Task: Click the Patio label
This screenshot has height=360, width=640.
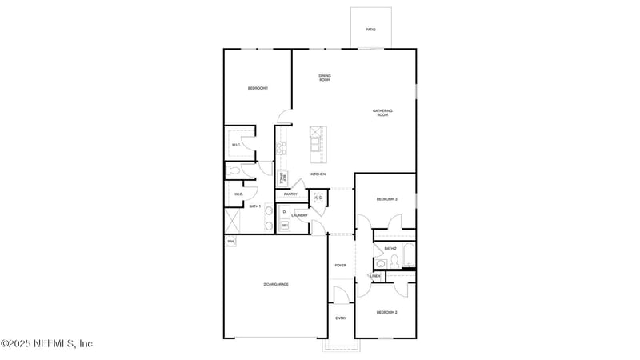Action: point(370,30)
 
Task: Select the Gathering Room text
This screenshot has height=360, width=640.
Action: point(382,113)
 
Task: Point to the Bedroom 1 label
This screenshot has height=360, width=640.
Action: point(258,88)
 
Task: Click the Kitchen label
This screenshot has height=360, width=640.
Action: point(318,174)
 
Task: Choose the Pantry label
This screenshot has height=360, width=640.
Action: point(290,194)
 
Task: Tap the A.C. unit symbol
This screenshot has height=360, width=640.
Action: point(318,198)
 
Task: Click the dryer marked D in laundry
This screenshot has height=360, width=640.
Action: point(284,212)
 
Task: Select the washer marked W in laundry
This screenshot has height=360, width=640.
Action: point(284,226)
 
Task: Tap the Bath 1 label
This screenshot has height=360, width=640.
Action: point(254,206)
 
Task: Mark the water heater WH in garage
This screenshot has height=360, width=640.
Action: point(230,241)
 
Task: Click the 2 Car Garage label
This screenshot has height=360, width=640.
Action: point(275,284)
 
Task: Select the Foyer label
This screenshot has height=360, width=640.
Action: point(341,265)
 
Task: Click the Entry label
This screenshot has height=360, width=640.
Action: point(341,318)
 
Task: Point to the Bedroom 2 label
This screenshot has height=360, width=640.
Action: point(386,312)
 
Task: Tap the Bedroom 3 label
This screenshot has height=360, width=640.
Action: point(386,199)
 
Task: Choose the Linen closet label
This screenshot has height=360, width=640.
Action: point(374,276)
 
